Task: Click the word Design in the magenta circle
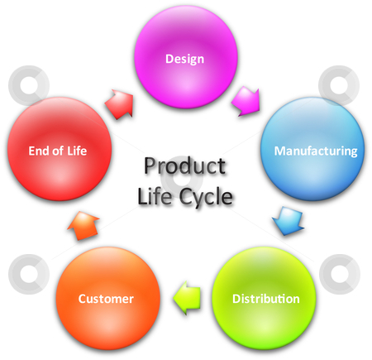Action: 184,59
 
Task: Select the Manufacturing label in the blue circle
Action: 316,151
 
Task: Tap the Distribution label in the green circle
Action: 266,299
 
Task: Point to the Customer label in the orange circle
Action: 106,299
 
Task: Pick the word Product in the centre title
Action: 185,166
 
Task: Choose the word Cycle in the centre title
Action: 206,198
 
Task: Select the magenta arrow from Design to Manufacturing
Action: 246,101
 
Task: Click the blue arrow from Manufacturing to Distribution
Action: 289,221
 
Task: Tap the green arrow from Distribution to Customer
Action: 187,298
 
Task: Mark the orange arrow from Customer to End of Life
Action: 83,225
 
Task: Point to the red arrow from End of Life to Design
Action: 120,104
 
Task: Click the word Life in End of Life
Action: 77,151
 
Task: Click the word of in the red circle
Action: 58,151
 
